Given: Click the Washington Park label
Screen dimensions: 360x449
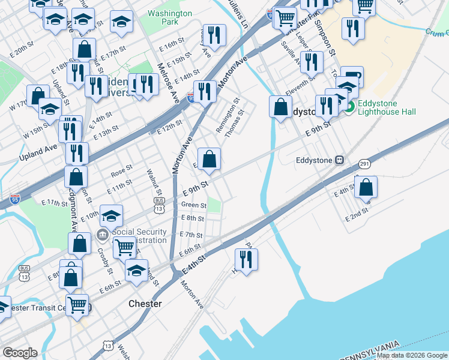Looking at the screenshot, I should [170, 17].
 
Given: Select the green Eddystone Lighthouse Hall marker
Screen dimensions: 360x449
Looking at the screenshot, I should [349, 107].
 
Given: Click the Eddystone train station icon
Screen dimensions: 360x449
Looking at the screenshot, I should [340, 160].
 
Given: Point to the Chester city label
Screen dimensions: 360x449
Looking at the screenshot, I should [145, 304].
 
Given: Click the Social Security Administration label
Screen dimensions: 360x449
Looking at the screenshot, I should [138, 236].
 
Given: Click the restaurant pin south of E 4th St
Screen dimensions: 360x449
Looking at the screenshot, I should [246, 259].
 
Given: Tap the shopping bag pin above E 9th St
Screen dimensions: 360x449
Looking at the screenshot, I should [209, 159].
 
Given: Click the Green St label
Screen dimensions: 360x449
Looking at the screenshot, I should [193, 205].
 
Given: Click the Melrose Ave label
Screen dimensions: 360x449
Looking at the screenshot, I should [168, 83].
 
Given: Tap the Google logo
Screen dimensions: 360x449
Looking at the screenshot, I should [20, 353].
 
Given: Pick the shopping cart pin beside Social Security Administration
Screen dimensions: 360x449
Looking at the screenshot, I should [124, 246].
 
